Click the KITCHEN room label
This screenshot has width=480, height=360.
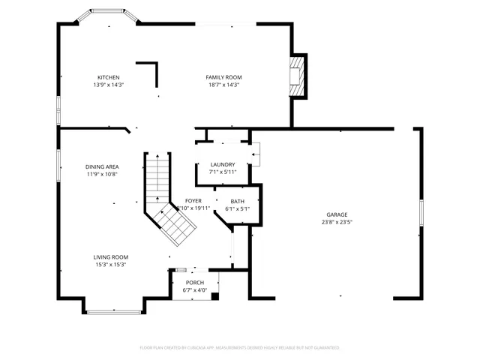108,77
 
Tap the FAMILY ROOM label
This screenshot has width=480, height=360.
223,77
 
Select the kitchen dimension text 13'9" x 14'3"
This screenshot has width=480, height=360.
108,85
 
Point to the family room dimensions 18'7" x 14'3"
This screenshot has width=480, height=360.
223,85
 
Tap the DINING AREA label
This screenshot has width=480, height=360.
102,166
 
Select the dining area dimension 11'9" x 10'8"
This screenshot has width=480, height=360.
102,174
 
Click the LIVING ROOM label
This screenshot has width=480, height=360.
110,256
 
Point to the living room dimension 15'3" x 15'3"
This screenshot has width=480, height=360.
110,264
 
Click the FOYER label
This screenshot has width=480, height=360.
193,201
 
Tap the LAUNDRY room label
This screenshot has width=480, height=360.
222,165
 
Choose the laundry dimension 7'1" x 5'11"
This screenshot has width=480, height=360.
222,172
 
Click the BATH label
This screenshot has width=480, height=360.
237,201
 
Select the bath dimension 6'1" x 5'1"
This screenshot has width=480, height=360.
237,208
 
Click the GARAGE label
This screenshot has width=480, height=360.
337,214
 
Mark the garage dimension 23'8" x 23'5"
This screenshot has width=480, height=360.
337,222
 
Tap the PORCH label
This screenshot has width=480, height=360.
195,283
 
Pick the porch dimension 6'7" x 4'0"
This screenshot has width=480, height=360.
195,290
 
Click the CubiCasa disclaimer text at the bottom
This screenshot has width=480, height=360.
240,347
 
